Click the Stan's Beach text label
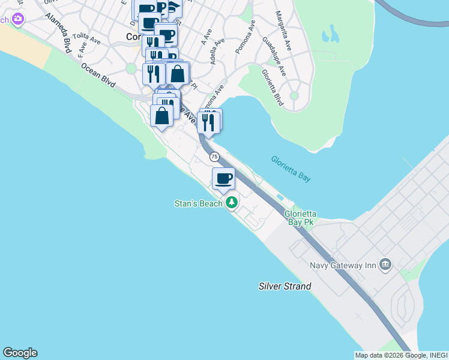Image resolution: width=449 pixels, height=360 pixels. point(199,203)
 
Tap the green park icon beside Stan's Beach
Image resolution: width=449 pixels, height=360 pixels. point(232,203)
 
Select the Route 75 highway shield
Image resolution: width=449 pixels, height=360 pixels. point(214,157)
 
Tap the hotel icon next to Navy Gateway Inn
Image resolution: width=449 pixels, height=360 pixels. point(385,264)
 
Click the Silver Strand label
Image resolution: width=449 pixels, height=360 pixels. point(285,286)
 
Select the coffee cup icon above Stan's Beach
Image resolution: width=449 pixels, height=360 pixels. point(224,178)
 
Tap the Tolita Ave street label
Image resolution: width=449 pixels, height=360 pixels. point(86,40)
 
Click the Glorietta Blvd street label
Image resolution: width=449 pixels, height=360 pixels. point(272,88)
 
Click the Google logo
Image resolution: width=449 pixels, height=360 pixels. point(20,353)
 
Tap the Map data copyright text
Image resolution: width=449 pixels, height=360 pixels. point(399,355)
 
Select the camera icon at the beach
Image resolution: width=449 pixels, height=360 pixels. point(17,19)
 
